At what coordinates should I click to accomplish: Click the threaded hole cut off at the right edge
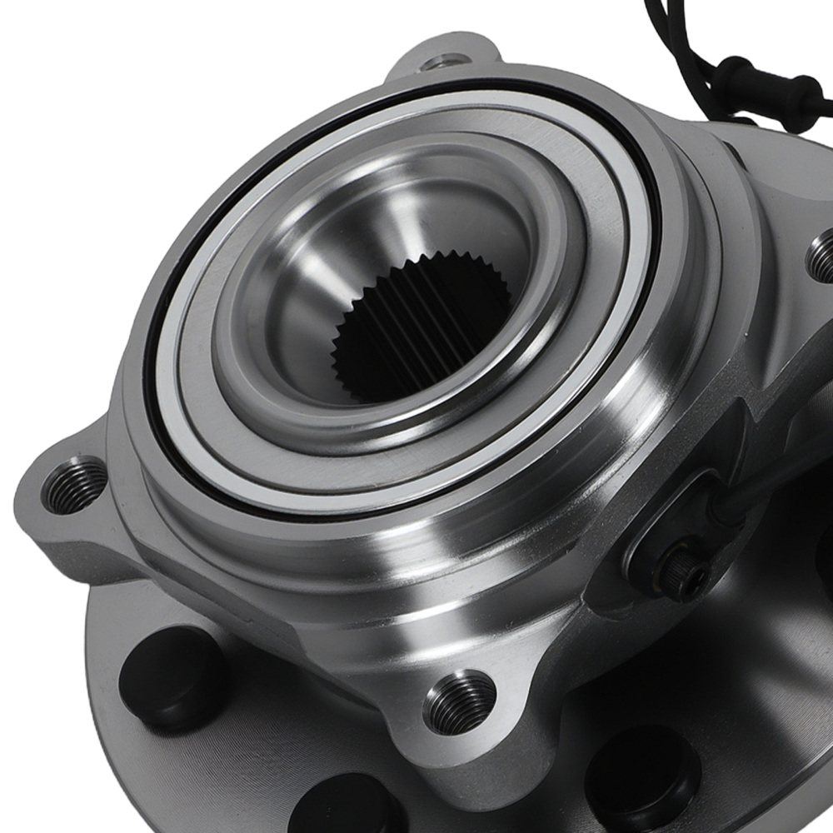click(x=823, y=259)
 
